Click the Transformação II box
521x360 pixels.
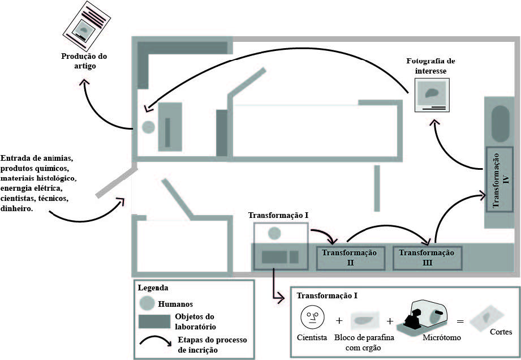point(350,256)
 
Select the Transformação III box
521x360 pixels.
point(427,257)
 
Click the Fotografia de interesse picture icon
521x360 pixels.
point(432,95)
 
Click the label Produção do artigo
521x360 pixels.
point(84,61)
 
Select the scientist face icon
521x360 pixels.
point(311,317)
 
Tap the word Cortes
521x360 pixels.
point(501,332)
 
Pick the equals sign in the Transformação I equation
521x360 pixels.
point(460,321)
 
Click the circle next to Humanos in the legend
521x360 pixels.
point(148,303)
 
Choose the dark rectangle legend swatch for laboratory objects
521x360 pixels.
point(154,320)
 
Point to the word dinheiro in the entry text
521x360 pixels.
point(17,209)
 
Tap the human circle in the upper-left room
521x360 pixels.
point(148,127)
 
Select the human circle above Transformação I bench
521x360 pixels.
point(274,232)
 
